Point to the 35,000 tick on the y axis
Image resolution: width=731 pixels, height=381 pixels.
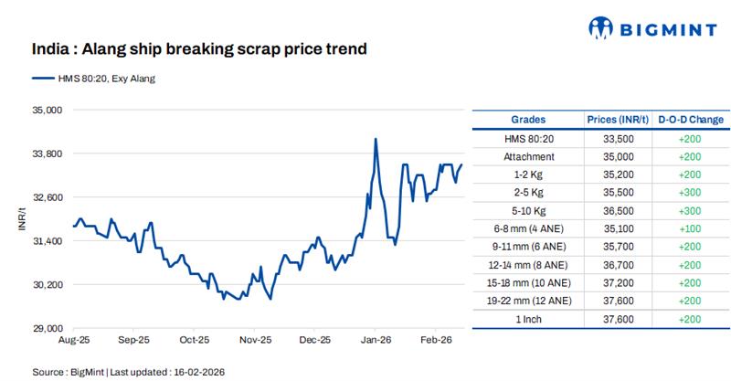(47, 110)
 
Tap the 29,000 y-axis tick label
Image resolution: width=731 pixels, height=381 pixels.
(47, 328)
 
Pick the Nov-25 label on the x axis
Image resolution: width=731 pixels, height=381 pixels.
(255, 340)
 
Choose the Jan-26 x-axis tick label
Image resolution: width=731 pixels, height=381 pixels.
(375, 340)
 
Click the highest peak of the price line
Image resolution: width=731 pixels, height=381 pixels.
(376, 139)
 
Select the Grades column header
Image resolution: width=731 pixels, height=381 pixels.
(528, 120)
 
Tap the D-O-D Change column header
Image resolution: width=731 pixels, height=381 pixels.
(691, 120)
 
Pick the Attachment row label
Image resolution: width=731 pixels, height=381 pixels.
(528, 156)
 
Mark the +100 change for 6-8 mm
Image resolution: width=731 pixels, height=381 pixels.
(691, 228)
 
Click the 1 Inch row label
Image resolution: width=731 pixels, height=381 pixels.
(528, 319)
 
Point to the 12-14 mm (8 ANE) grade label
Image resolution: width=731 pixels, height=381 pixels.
(528, 264)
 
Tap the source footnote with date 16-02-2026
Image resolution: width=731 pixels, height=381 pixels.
(128, 372)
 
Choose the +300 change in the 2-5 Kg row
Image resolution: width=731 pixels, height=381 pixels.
(691, 192)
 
